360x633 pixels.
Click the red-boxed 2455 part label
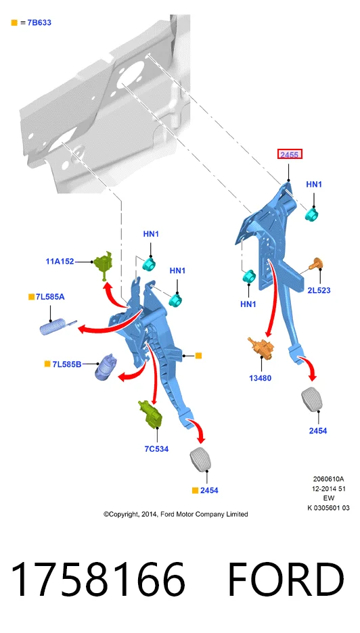point(290,154)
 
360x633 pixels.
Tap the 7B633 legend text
point(39,22)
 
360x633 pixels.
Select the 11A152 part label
point(60,261)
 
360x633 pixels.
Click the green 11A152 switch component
point(103,264)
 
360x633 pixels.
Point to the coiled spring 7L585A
point(58,326)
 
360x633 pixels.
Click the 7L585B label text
point(67,364)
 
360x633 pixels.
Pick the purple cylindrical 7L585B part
point(106,367)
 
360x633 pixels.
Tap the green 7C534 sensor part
point(150,414)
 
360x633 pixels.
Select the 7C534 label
point(156,448)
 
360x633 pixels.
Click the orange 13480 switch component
point(261,347)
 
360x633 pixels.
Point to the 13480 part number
point(261,378)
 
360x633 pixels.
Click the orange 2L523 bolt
point(317,264)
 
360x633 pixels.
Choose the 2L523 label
point(319,290)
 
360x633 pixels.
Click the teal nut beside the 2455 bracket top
point(311,214)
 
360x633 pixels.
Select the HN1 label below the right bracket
point(248,304)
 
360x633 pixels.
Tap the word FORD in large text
point(286,580)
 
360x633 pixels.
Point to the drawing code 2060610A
point(328,479)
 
